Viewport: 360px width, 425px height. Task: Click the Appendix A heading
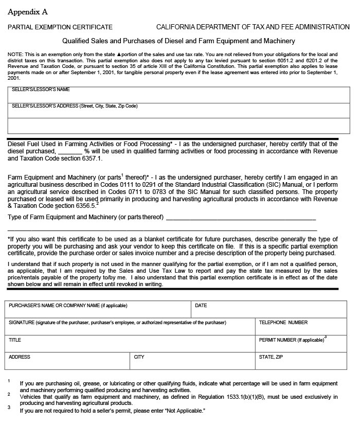[28, 12]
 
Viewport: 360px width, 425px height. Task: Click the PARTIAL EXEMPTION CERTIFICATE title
[60, 27]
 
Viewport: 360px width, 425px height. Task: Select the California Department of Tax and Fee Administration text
[253, 27]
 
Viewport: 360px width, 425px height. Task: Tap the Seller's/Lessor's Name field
[173, 97]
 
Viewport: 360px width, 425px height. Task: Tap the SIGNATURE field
[130, 328]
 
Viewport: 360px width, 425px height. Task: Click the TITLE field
[130, 345]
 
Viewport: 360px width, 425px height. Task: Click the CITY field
[192, 362]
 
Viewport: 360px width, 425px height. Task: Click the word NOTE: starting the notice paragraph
[15, 54]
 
